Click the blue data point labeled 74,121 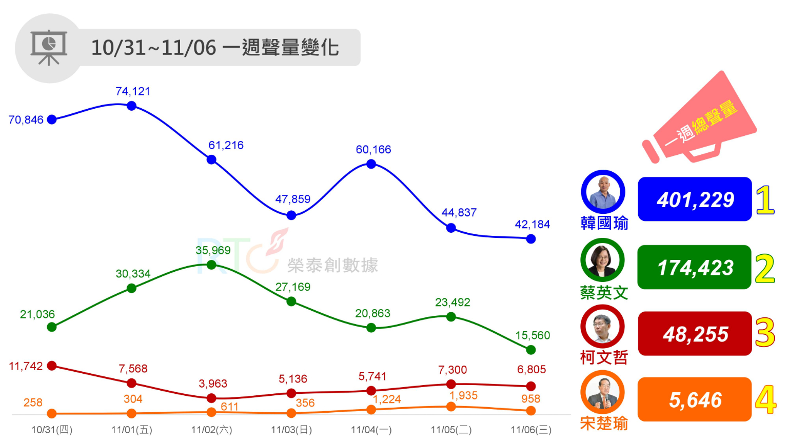click(131, 106)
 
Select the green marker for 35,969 click(211, 265)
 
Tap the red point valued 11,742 click(52, 366)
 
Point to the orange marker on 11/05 click(451, 407)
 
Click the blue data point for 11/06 click(531, 239)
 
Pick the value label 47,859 click(292, 199)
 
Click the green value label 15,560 click(533, 335)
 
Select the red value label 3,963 click(213, 384)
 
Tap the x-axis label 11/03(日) click(291, 430)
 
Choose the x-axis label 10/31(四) click(52, 430)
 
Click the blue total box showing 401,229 click(695, 199)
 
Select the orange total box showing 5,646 click(695, 399)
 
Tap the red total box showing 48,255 click(695, 334)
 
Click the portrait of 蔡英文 click(602, 260)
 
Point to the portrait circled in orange click(602, 392)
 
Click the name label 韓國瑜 click(604, 224)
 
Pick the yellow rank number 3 click(764, 333)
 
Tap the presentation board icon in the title click(49, 48)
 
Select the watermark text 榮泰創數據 click(332, 265)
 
